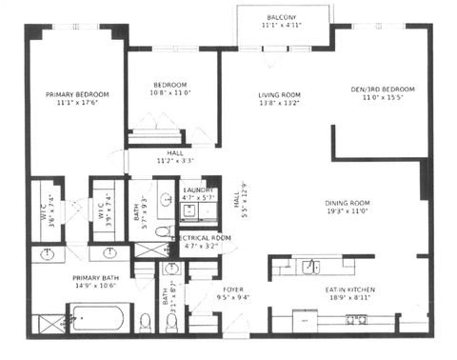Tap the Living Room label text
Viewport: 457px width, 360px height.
(279, 94)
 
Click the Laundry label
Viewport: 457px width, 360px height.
(200, 190)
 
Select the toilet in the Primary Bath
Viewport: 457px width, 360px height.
(145, 319)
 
